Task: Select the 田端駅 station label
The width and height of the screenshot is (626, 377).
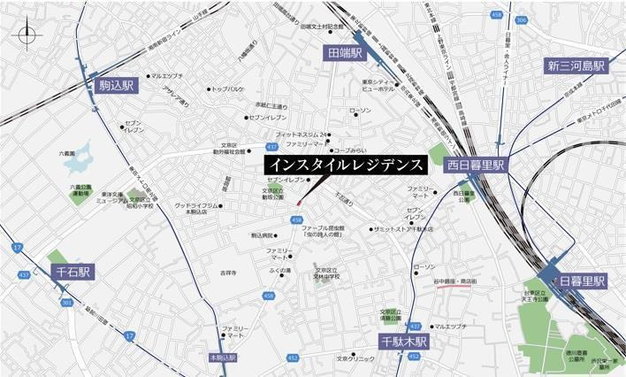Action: (344, 53)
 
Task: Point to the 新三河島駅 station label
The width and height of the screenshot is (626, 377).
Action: (576, 66)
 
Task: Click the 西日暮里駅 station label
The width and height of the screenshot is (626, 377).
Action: (474, 165)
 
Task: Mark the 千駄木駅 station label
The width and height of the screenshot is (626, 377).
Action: (404, 341)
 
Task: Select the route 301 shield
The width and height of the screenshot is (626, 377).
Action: (67, 303)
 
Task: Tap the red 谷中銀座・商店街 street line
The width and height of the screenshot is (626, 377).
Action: (452, 287)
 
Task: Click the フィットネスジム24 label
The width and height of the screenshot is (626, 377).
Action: (305, 134)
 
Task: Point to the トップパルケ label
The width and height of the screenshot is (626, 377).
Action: (228, 89)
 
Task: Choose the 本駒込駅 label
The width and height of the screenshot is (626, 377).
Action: (225, 358)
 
